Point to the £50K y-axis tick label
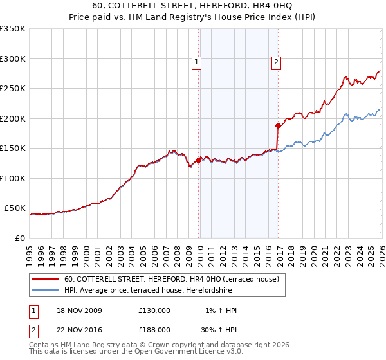tap(14, 208)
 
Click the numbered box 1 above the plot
tap(196, 62)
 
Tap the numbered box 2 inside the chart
tap(275, 62)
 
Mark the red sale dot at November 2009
tap(198, 160)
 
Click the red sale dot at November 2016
tap(278, 125)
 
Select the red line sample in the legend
tap(46, 279)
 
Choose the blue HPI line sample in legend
tap(46, 289)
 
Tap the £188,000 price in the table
tap(154, 329)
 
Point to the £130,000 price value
tap(154, 310)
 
